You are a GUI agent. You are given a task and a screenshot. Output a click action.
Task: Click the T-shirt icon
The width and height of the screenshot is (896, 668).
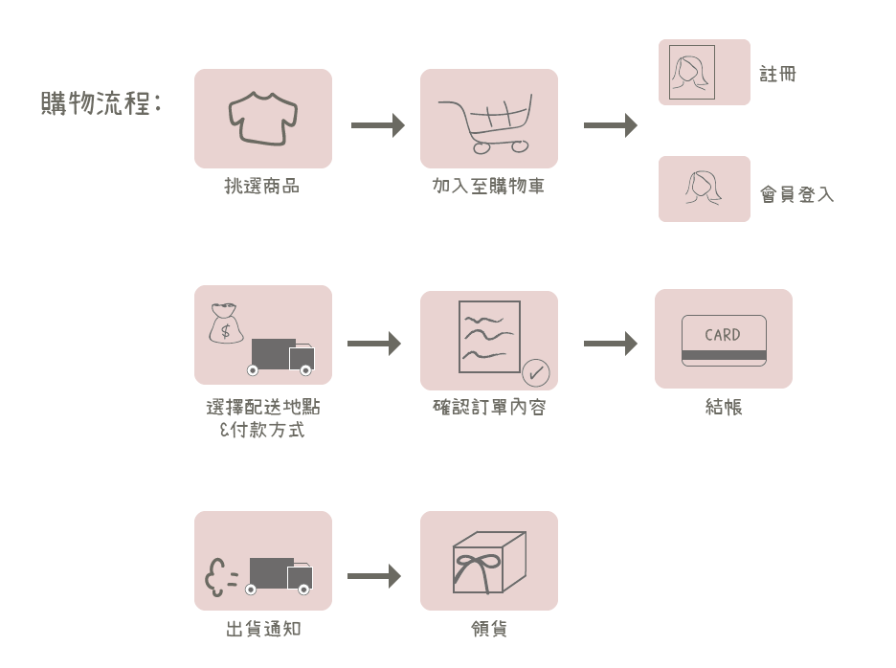[263, 119]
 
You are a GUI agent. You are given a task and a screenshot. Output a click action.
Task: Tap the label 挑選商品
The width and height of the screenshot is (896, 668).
[262, 187]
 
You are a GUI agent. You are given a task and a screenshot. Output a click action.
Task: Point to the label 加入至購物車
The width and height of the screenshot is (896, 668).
[488, 187]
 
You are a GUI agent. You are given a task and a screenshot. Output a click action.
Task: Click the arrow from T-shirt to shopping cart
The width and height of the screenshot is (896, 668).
[376, 125]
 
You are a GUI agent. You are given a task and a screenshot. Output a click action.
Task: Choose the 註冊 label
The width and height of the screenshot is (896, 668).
[777, 74]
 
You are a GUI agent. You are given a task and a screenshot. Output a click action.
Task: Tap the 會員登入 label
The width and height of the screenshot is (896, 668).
[796, 194]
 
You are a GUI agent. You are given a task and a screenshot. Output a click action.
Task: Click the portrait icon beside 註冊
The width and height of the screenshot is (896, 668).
[691, 72]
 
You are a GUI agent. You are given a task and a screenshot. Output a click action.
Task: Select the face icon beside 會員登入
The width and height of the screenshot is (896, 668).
[702, 187]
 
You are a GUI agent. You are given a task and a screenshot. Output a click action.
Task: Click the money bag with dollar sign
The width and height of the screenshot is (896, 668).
[227, 323]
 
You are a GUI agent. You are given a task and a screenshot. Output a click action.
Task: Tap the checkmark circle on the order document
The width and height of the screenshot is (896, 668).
[534, 370]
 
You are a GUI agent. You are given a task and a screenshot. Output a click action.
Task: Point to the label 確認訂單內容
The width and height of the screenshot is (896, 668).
[488, 408]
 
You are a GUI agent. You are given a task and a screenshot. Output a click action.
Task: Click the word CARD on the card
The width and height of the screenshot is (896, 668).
[723, 335]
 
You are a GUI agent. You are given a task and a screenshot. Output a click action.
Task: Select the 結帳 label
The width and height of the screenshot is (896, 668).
[724, 408]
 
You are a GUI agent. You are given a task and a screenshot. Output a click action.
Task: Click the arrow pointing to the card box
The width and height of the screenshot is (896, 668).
[610, 344]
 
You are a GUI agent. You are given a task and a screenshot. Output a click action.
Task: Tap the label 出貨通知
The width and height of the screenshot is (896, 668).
[262, 630]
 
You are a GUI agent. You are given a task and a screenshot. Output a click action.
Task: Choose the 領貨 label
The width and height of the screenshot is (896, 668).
[488, 630]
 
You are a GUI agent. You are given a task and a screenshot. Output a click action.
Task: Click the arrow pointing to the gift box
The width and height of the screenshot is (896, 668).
[373, 577]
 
